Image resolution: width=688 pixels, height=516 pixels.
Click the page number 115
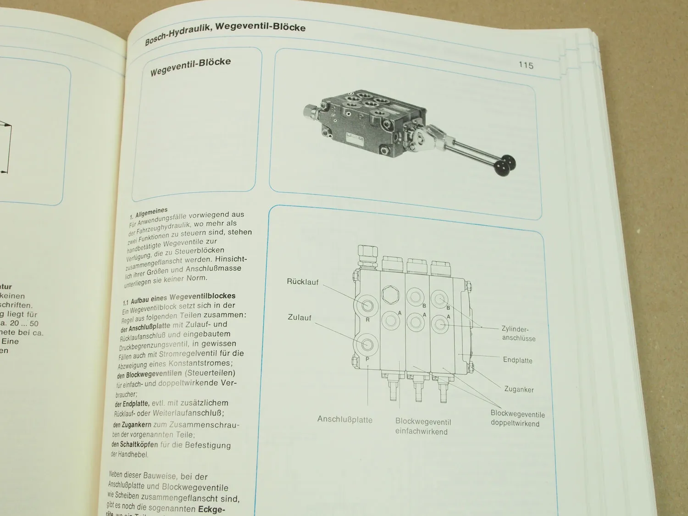coord(526,65)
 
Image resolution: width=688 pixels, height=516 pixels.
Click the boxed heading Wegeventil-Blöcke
coord(190,67)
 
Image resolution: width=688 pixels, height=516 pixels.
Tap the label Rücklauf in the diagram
coord(302,282)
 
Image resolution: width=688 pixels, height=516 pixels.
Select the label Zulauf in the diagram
coord(300,317)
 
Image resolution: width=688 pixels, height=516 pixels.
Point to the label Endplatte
coord(517,360)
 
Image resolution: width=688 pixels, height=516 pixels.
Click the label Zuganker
coord(519,389)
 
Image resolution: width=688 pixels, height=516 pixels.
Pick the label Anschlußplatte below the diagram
coord(344,420)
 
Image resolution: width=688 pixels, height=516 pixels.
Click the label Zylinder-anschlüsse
coord(517,333)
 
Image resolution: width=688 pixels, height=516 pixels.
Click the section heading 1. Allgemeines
coord(149,212)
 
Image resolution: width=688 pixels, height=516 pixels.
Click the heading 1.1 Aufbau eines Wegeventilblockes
coord(179,298)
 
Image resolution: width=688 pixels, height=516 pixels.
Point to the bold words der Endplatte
coord(132,404)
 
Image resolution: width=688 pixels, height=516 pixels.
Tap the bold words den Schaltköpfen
coord(135,444)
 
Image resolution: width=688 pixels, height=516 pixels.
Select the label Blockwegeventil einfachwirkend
coord(422,427)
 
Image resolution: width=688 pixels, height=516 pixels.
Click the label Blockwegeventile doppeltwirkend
coord(517,418)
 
